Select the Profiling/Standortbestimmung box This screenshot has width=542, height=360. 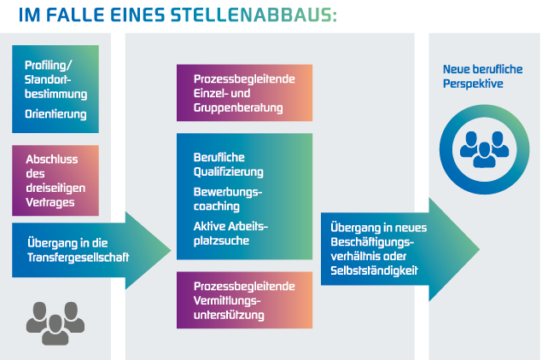[55, 89]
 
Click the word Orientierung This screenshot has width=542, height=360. [55, 113]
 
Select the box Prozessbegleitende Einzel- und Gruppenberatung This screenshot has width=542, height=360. [244, 93]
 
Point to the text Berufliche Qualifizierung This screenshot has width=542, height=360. [229, 163]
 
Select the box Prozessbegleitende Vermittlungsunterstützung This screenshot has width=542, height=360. [244, 300]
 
